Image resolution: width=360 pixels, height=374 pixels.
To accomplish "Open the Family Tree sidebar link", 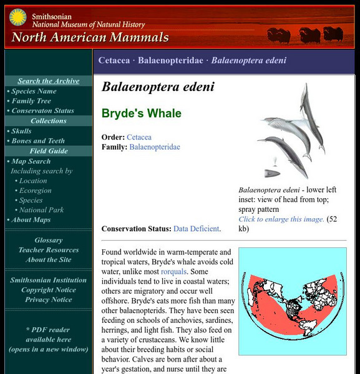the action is pyautogui.click(x=31, y=101).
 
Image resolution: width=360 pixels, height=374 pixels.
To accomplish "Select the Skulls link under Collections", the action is pyautogui.click(x=21, y=131).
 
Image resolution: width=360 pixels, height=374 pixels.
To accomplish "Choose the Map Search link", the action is pyautogui.click(x=31, y=161).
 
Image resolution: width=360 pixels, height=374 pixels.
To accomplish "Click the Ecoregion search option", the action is pyautogui.click(x=35, y=191).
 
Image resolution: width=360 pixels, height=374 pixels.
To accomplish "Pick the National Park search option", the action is pyautogui.click(x=41, y=210).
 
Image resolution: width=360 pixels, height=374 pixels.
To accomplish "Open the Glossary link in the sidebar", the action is pyautogui.click(x=48, y=240).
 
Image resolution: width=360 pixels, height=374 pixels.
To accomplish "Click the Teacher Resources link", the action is pyautogui.click(x=48, y=250).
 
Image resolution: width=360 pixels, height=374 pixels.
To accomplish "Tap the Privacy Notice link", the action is pyautogui.click(x=48, y=300).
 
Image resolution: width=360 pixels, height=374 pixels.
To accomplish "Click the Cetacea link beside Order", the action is pyautogui.click(x=139, y=137).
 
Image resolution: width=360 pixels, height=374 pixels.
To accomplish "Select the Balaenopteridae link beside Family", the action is pyautogui.click(x=155, y=147).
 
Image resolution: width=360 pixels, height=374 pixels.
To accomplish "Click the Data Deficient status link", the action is pyautogui.click(x=197, y=229).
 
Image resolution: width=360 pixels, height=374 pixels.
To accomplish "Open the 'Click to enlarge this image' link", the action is pyautogui.click(x=281, y=219).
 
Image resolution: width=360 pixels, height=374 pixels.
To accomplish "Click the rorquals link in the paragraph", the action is pyautogui.click(x=173, y=272).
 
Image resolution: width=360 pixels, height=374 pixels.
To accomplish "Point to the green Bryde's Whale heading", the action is pyautogui.click(x=142, y=113).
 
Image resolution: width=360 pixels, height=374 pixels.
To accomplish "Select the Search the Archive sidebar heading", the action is pyautogui.click(x=48, y=81).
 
